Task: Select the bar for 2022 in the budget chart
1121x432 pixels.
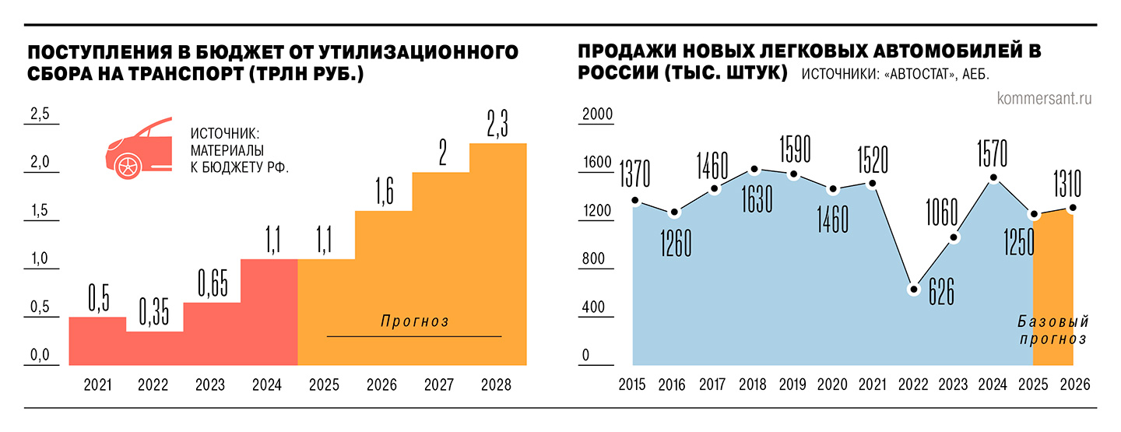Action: click(154, 348)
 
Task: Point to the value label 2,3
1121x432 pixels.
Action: click(498, 125)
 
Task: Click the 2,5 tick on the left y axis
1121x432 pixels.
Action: click(39, 114)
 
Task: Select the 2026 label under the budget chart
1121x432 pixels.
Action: click(382, 385)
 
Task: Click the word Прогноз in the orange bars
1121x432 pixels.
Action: click(416, 321)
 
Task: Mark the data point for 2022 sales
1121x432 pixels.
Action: click(914, 289)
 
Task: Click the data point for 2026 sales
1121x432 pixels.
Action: click(1073, 207)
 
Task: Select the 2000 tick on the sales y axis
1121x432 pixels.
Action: click(599, 114)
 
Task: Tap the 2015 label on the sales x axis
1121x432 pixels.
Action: click(634, 385)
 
